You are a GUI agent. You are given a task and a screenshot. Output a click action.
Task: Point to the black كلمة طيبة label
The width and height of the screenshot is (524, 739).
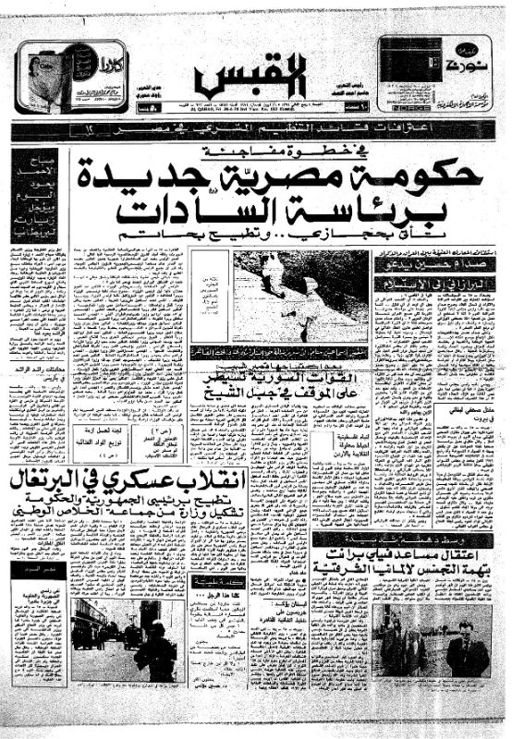212,582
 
